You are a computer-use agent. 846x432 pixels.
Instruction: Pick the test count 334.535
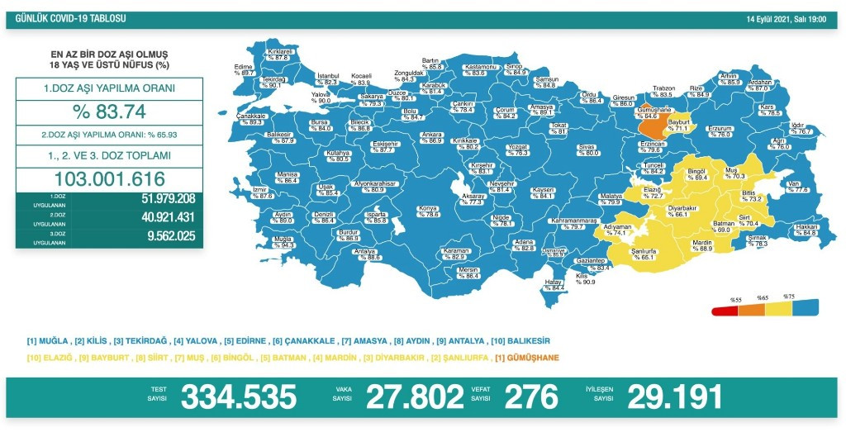point(238,397)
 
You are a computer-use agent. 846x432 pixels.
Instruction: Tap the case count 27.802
point(411,397)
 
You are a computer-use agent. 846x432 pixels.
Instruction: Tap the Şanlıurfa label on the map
point(643,254)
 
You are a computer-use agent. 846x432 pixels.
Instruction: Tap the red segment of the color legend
point(724,311)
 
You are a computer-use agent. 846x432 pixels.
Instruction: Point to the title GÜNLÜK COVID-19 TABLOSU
point(67,19)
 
